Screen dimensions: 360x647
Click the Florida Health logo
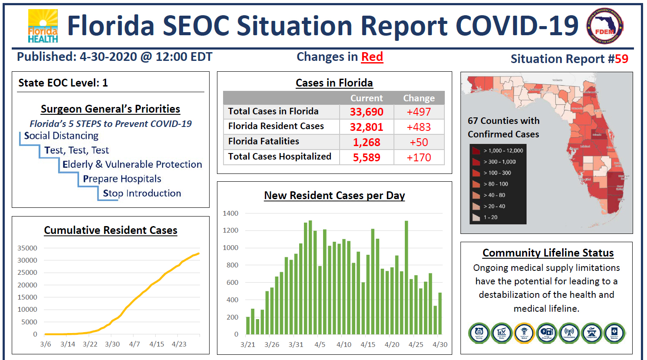pos(43,26)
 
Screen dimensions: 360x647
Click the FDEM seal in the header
pos(605,27)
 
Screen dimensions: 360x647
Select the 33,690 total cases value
pos(367,112)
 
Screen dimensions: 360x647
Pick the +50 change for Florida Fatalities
pos(419,142)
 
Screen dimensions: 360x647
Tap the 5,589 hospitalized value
pos(367,157)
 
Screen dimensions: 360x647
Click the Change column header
pos(419,98)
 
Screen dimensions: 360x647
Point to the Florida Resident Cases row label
pos(276,126)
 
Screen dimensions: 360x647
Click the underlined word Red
pos(372,57)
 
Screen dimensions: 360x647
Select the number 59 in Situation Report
pos(621,59)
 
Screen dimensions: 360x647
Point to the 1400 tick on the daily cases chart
pos(230,213)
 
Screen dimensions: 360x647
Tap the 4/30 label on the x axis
pos(440,344)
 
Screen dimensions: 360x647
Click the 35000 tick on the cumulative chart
pos(27,248)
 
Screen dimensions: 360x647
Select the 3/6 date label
pos(46,344)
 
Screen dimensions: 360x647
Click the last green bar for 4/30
pos(440,313)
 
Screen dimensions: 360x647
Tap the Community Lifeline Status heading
pos(548,253)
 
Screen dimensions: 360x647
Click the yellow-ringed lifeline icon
pos(524,333)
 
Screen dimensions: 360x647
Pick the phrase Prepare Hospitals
pos(122,179)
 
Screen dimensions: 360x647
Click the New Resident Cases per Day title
pos(334,195)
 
